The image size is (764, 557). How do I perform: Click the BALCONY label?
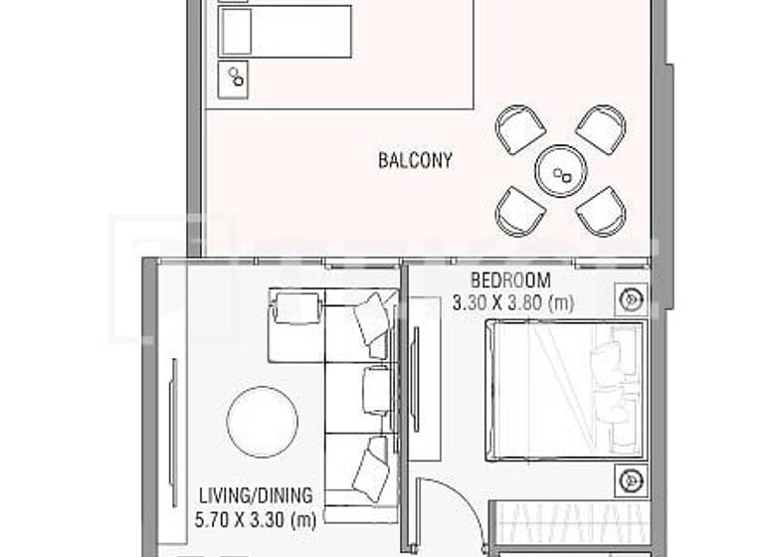coord(416,159)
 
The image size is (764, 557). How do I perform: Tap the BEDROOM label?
coord(509,280)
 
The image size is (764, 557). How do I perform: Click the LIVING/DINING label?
coord(256,495)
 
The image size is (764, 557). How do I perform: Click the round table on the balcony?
coord(561,172)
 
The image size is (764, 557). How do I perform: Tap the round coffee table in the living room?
coord(262,421)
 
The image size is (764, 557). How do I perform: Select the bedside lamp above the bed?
coord(629,298)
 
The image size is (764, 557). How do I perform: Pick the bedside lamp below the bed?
coord(629,481)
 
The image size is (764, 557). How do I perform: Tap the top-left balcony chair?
coord(520,129)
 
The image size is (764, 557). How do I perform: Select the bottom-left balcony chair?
coord(520,210)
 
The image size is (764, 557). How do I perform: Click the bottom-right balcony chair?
coord(601,210)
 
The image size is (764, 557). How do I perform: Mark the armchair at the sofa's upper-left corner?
coord(295,307)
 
